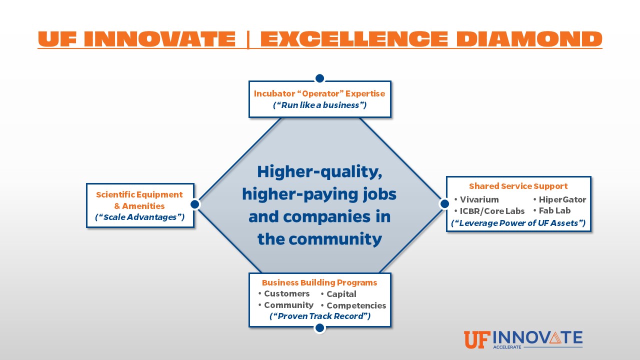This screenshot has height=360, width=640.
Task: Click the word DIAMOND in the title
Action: (529, 39)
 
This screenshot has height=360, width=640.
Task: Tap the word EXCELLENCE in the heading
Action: (353, 39)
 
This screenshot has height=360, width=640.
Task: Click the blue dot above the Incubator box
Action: (319, 78)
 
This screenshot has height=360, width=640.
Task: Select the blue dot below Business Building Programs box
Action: (319, 328)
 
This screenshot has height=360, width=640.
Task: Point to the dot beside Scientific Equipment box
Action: (195, 204)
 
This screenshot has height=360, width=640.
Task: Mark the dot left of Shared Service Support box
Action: (444, 203)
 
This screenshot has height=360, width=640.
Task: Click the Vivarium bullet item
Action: (476, 199)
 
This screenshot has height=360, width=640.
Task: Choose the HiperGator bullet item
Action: (559, 199)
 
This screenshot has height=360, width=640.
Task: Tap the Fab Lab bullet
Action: (551, 210)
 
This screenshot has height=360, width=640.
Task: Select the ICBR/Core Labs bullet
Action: (489, 211)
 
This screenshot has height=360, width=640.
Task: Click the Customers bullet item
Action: (283, 293)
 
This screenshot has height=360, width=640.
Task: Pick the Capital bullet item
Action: (338, 294)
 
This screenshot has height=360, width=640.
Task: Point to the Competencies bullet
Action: (353, 305)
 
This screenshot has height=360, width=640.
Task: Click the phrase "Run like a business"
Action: (319, 105)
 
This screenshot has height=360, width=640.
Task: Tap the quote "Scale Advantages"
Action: (139, 217)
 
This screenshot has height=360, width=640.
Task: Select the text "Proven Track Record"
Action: (320, 316)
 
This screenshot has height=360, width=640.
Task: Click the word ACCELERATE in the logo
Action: (507, 347)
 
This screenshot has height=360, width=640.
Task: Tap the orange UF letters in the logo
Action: (477, 339)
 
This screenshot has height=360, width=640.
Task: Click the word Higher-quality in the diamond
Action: (319, 172)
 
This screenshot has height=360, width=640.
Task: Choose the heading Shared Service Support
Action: (518, 186)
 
